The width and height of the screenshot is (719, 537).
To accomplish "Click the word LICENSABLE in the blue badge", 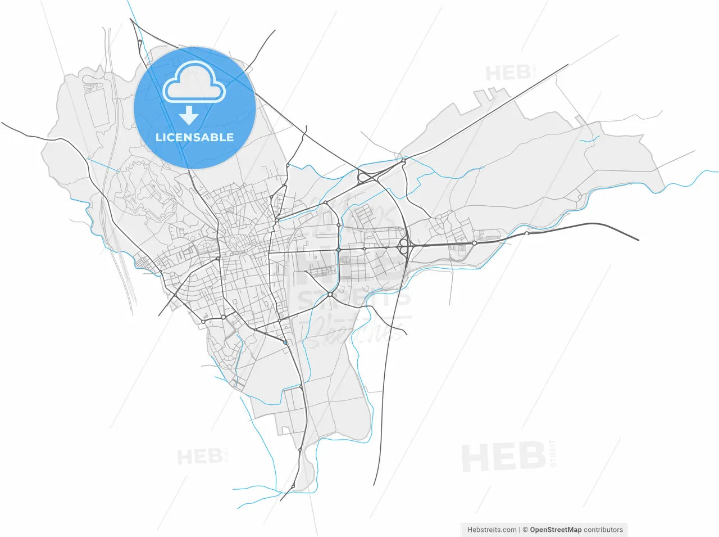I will tap(194, 137).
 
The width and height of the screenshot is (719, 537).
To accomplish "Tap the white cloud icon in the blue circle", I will tap(194, 83).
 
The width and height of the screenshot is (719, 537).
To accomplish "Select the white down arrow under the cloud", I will tap(189, 115).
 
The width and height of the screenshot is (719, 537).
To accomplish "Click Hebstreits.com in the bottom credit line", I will tap(492, 530).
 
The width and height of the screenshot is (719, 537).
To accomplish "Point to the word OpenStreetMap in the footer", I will tap(556, 530).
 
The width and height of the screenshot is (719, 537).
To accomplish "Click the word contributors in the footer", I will tap(603, 530).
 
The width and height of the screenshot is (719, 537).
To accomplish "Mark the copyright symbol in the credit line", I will tap(525, 530).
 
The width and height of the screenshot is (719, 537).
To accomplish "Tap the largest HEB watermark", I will tap(503, 457).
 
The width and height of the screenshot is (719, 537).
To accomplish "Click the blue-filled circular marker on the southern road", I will tap(285, 342).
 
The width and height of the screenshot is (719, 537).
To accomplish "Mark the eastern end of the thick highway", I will tap(638, 240).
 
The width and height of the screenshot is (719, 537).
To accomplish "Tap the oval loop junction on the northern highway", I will tap(364, 178).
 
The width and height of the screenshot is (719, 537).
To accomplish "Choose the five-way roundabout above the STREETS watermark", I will tap(330, 294).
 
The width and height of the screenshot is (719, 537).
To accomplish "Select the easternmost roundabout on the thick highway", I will tap(526, 233).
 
